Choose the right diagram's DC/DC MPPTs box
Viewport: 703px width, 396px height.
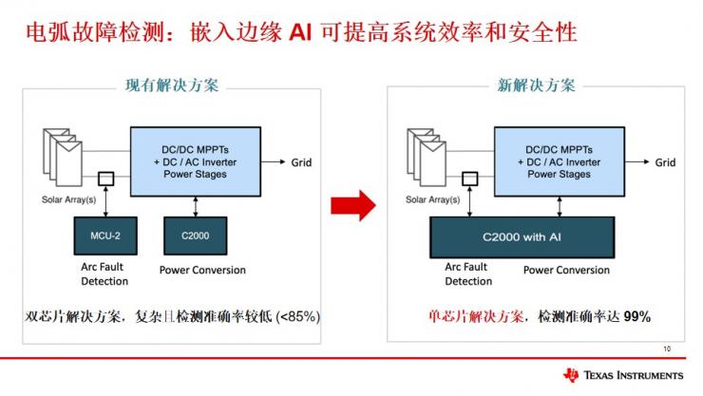pyautogui.click(x=564, y=161)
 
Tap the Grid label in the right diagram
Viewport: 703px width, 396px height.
pyautogui.click(x=665, y=162)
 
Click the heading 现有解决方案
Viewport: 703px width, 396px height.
pyautogui.click(x=172, y=85)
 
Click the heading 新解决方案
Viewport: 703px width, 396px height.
pyautogui.click(x=537, y=85)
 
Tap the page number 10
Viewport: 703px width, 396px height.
pyautogui.click(x=666, y=349)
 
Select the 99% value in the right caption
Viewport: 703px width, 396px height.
pyautogui.click(x=636, y=316)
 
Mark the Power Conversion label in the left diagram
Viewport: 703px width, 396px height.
pyautogui.click(x=201, y=270)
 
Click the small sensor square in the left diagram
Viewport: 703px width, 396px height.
pyautogui.click(x=107, y=178)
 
